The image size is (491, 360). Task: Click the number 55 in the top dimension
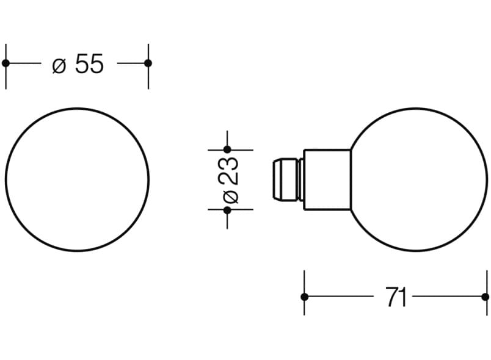pos(90,63)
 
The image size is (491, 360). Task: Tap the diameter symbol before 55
pos(59,65)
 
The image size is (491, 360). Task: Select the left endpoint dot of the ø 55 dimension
pos(5,63)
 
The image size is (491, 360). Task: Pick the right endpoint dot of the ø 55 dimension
pos(148,63)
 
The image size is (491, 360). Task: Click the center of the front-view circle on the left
pos(77,179)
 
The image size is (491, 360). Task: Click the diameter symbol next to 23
pos(231,196)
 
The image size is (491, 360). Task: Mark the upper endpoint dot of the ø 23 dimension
pos(227,149)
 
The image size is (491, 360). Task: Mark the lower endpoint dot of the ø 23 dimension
pos(227,210)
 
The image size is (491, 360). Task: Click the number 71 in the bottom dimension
pos(396,297)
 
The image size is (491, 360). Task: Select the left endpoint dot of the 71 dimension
pos(304,297)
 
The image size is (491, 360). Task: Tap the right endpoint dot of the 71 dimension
pos(485,297)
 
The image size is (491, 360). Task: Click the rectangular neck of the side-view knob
pos(327,179)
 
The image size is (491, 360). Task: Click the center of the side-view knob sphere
pos(419,179)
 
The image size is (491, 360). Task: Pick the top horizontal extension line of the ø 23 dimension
pos(241,149)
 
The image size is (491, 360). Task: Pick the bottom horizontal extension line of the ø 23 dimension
pos(241,210)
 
